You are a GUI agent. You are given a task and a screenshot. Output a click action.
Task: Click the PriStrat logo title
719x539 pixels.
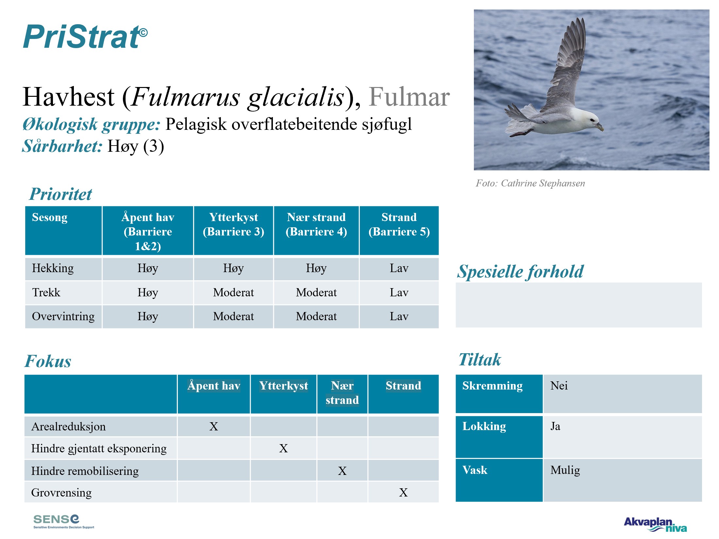click(x=85, y=37)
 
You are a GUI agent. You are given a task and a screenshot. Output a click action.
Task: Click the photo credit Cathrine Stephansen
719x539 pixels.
click(x=543, y=183)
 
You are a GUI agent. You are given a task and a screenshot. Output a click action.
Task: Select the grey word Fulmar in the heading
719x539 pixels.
click(x=409, y=97)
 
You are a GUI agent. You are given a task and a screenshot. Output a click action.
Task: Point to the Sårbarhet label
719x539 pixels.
click(x=62, y=146)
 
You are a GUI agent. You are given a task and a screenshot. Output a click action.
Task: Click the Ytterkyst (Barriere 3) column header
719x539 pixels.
click(x=233, y=224)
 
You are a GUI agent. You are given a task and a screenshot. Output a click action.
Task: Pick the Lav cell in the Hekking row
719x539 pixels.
click(x=399, y=268)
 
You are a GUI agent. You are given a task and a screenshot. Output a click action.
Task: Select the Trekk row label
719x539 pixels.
click(x=46, y=292)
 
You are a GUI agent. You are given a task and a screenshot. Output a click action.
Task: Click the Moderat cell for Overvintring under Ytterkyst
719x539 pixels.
click(x=233, y=316)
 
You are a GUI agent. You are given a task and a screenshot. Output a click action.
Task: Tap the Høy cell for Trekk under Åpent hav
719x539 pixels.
click(x=148, y=292)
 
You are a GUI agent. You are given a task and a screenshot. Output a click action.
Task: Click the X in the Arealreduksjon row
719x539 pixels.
click(x=213, y=426)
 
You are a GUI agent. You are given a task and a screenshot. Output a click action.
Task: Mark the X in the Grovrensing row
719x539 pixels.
click(x=403, y=493)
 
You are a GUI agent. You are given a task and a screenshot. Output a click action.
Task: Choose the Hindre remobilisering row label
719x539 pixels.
click(x=85, y=471)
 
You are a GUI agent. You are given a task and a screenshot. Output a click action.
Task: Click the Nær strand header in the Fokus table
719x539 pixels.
click(x=342, y=393)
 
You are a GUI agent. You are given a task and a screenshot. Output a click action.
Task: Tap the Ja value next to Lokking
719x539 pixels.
click(x=555, y=426)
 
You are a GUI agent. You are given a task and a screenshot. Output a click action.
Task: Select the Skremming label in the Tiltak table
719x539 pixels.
click(x=492, y=386)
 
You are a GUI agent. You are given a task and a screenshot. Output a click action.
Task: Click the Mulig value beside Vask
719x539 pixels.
click(x=565, y=470)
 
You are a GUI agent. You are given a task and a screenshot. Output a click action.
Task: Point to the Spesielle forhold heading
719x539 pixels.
click(x=520, y=271)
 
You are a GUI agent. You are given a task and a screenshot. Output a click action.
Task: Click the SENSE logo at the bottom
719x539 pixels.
click(x=64, y=521)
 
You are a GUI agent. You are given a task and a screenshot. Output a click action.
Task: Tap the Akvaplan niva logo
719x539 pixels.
click(x=655, y=524)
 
